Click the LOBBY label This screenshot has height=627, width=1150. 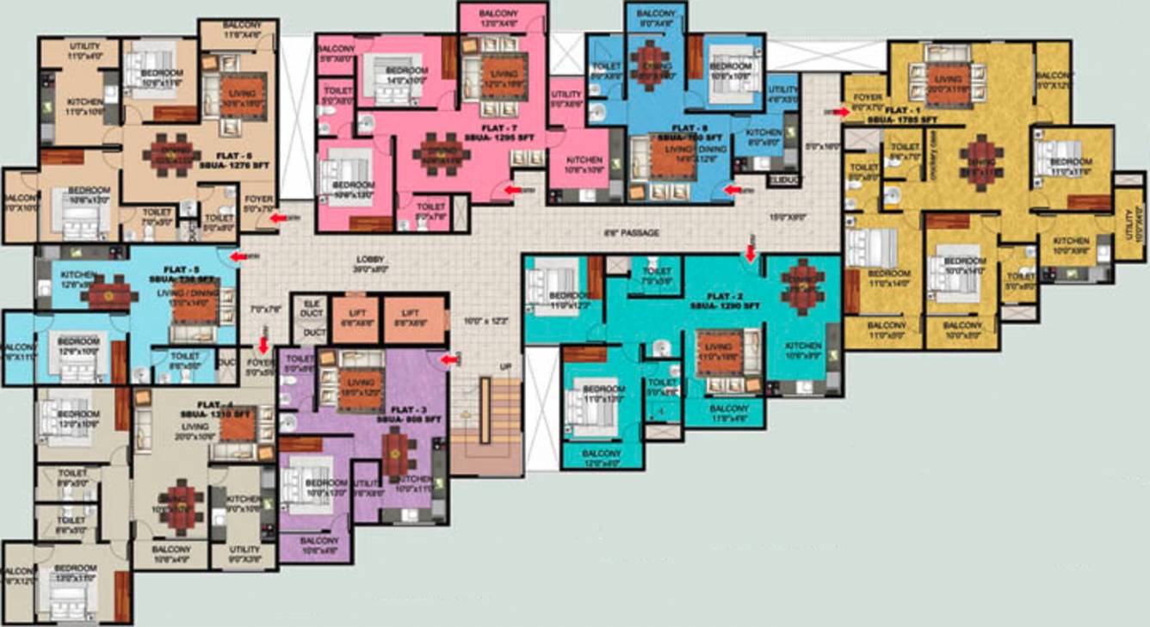click(x=372, y=261)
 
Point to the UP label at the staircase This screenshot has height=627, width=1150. click(x=505, y=367)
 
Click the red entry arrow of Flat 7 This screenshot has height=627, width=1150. click(x=513, y=189)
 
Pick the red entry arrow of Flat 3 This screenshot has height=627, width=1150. click(x=449, y=360)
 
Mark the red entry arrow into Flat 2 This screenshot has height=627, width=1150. click(x=750, y=252)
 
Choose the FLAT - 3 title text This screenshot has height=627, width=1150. click(x=409, y=409)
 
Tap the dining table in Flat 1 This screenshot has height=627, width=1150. click(x=981, y=155)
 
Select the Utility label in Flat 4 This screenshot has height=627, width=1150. click(x=244, y=549)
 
